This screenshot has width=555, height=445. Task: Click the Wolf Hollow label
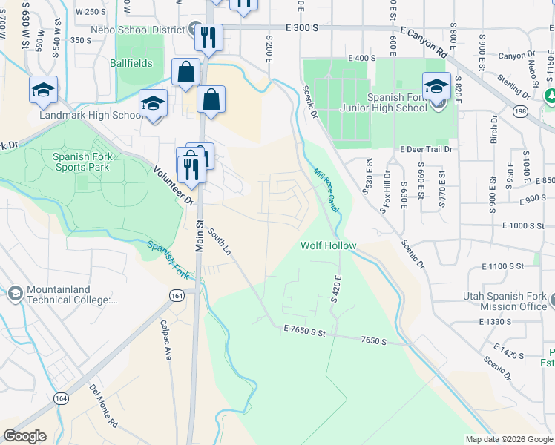[x=329, y=245]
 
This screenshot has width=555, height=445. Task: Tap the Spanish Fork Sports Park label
[x=81, y=162]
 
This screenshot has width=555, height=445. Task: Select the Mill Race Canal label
[x=326, y=191]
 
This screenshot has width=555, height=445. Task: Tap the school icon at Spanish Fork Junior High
[x=436, y=86]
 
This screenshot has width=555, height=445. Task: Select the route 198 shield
[x=519, y=111]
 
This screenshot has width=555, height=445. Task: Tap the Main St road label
[x=200, y=234]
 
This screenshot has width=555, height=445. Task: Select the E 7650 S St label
[x=303, y=332]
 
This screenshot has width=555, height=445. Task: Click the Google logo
[x=25, y=436]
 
